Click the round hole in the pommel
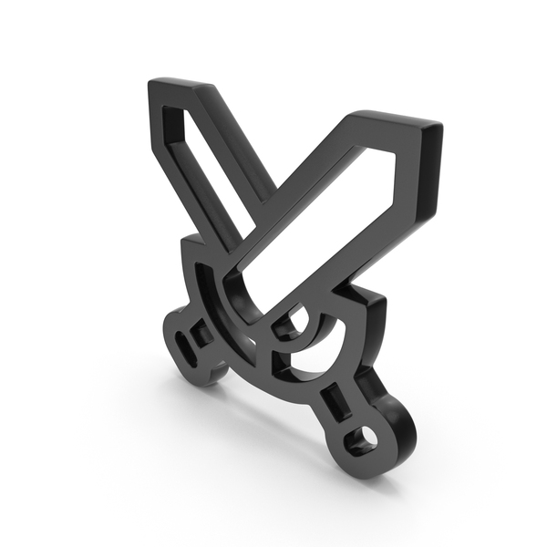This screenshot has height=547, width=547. tap(369, 438)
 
